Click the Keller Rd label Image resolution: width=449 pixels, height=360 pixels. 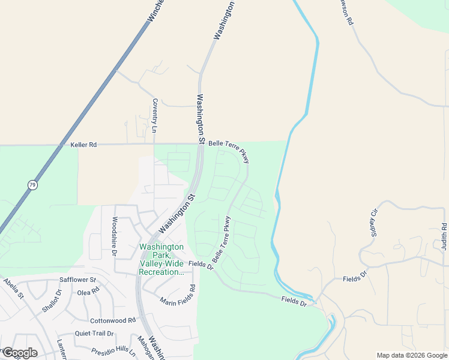(x=83, y=145)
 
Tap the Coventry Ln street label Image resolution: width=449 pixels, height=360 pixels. (x=154, y=116)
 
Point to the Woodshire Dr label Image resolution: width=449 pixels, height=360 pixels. (x=112, y=236)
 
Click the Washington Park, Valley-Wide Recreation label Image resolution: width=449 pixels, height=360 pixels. (x=161, y=259)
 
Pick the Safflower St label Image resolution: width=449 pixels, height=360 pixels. (x=78, y=280)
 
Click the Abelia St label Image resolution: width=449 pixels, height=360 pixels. (x=13, y=288)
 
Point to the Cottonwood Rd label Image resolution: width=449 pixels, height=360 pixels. (x=113, y=321)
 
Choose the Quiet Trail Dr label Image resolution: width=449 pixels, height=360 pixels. (x=94, y=334)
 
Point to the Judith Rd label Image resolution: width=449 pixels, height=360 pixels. (x=444, y=236)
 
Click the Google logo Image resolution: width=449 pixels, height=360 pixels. (x=20, y=353)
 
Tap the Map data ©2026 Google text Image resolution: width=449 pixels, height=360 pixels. (x=412, y=355)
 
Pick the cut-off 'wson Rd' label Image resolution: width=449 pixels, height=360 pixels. (x=346, y=12)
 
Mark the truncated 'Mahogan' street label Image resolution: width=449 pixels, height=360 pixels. (x=142, y=348)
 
